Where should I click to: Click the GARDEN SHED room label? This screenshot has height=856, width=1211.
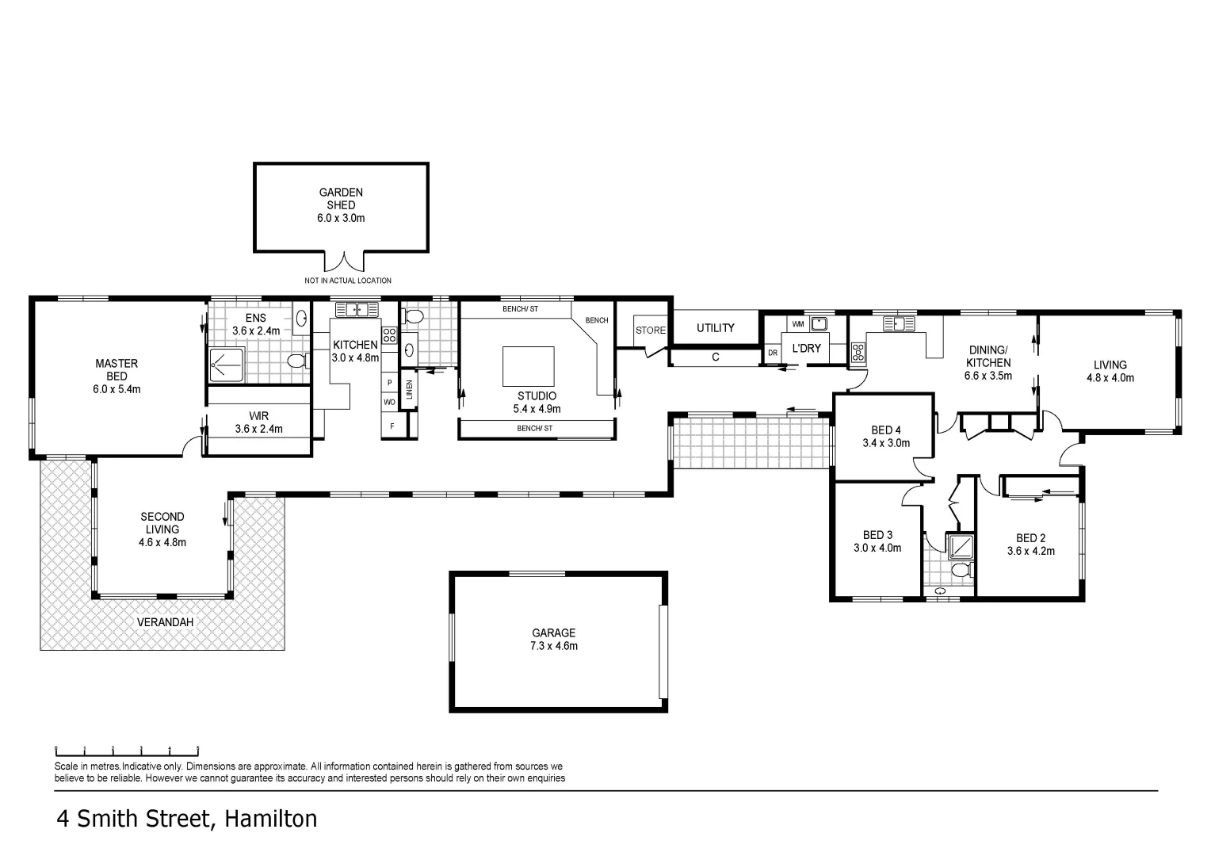341,205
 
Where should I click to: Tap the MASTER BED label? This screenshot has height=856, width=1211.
117,376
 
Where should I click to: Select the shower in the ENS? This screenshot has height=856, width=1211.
227,365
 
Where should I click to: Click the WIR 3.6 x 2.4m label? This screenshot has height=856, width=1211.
259,422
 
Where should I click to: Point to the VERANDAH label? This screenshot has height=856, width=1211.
165,622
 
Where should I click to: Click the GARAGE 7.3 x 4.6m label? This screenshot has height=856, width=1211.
554,639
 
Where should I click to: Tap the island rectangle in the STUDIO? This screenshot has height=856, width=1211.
528,366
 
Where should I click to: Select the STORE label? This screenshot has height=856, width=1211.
651,331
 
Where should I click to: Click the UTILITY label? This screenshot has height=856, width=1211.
715,327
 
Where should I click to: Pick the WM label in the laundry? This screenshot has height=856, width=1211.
798,324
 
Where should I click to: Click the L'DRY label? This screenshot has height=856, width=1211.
807,348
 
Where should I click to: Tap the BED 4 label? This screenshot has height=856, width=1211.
886,437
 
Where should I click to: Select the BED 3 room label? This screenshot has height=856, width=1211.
877,541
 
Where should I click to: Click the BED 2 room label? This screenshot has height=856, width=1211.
1031,545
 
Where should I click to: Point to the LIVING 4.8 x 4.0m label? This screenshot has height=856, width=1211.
1110,372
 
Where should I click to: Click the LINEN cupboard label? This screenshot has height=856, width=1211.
409,389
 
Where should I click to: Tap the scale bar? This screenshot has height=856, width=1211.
127,751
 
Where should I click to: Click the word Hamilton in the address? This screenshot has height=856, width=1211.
271,820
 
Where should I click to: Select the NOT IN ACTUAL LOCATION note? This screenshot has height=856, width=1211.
348,281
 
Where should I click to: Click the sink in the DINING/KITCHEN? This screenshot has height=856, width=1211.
899,324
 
